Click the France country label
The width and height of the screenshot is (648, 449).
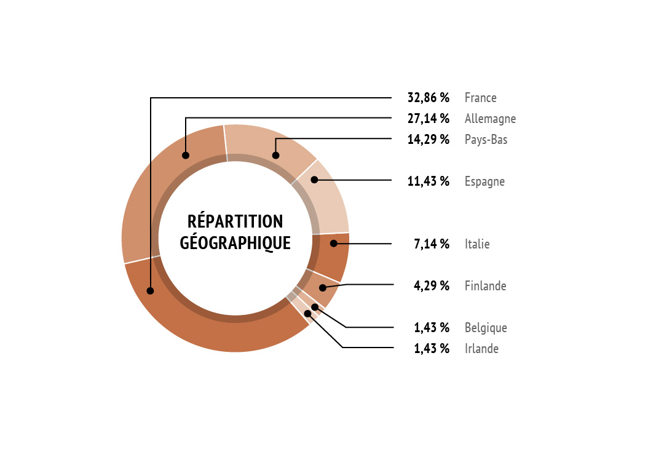[480, 98]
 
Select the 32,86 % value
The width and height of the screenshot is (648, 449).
[428, 98]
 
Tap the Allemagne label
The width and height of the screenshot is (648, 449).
[490, 119]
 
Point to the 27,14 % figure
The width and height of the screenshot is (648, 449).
[428, 119]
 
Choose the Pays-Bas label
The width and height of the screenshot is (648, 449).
[486, 140]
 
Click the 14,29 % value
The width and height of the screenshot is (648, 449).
[428, 140]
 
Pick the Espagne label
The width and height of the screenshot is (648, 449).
[484, 181]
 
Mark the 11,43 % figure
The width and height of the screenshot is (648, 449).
[428, 181]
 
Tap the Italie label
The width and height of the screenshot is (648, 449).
[477, 244]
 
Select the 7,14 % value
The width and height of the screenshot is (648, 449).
[432, 244]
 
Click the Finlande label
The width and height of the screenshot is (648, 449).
[485, 285]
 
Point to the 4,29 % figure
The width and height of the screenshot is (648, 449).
[432, 285]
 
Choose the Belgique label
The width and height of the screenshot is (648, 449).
[486, 328]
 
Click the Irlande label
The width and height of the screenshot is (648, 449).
[481, 349]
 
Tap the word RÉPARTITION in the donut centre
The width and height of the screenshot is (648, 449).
[235, 221]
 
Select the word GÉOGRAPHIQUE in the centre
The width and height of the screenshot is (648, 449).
[235, 243]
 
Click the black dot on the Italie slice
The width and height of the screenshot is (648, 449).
[333, 244]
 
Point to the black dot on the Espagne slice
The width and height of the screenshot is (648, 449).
[314, 180]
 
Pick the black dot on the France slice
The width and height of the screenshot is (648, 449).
[151, 291]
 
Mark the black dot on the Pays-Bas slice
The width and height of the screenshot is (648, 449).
[275, 156]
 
